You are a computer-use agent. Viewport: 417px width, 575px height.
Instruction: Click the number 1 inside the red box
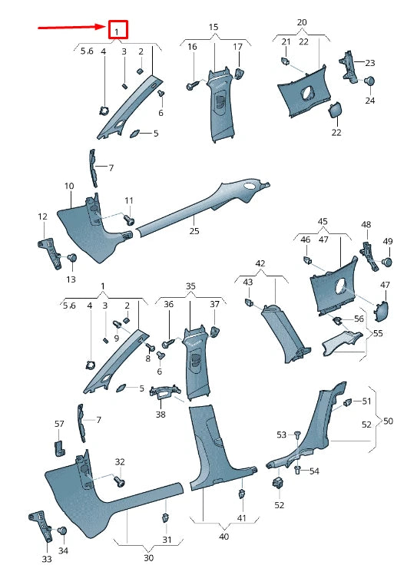pos(117,31)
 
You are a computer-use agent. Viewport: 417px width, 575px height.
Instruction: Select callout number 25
pos(194,230)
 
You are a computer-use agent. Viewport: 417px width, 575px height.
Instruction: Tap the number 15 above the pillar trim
pos(213,28)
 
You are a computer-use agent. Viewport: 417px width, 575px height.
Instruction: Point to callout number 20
pos(302,22)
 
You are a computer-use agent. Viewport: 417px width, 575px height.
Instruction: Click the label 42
pos(260,263)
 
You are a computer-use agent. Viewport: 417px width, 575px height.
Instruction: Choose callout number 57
pos(59,424)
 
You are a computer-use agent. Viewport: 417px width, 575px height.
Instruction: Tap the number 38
pos(161,414)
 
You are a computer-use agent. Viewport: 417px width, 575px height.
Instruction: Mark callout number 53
pos(281,435)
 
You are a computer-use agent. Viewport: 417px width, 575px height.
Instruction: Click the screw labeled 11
pos(128,220)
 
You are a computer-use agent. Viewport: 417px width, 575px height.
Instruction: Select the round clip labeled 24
pos(370,81)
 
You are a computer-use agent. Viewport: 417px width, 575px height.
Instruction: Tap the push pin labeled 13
pos(71,259)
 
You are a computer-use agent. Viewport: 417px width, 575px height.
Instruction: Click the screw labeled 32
pos(119,481)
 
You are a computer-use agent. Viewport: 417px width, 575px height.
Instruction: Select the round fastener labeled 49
pos(387,262)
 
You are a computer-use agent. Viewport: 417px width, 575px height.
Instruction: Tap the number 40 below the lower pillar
pos(223,537)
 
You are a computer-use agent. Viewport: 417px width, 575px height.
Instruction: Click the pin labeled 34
pos(63,530)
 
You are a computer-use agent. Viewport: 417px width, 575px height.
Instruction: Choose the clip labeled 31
pos(165,517)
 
